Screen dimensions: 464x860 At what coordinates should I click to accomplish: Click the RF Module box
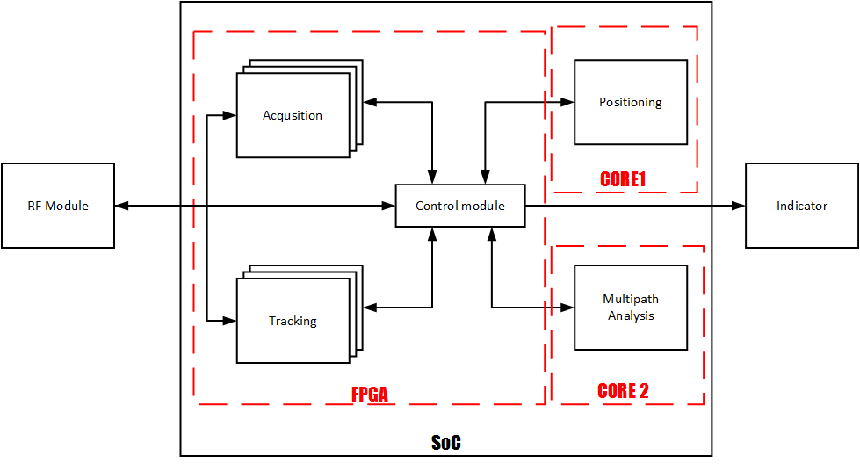(x=58, y=206)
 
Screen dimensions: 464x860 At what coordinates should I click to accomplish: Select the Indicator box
(x=801, y=206)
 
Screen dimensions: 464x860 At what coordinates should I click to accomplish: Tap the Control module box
(x=460, y=206)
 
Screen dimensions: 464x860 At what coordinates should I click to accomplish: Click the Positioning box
(x=630, y=102)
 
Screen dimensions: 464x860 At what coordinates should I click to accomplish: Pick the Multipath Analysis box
(x=630, y=308)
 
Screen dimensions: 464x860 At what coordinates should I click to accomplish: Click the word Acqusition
(x=293, y=115)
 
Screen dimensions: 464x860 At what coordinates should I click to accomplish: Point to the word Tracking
(x=293, y=321)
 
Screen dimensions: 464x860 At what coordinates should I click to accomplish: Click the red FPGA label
(x=370, y=395)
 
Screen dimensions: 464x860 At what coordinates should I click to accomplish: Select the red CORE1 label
(x=623, y=179)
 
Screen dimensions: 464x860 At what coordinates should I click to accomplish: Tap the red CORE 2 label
(x=623, y=391)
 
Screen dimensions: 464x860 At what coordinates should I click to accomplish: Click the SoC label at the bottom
(x=445, y=443)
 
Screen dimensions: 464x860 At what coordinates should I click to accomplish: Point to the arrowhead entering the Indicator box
(x=740, y=206)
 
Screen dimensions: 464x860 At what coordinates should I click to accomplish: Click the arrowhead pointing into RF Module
(x=121, y=206)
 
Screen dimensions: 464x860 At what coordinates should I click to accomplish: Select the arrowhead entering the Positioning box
(x=567, y=102)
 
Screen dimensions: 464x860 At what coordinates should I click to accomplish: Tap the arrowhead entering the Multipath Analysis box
(x=567, y=308)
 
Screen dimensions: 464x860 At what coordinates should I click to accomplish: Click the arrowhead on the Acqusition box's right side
(x=370, y=102)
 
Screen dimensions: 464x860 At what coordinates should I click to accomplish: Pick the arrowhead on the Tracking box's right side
(x=370, y=308)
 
